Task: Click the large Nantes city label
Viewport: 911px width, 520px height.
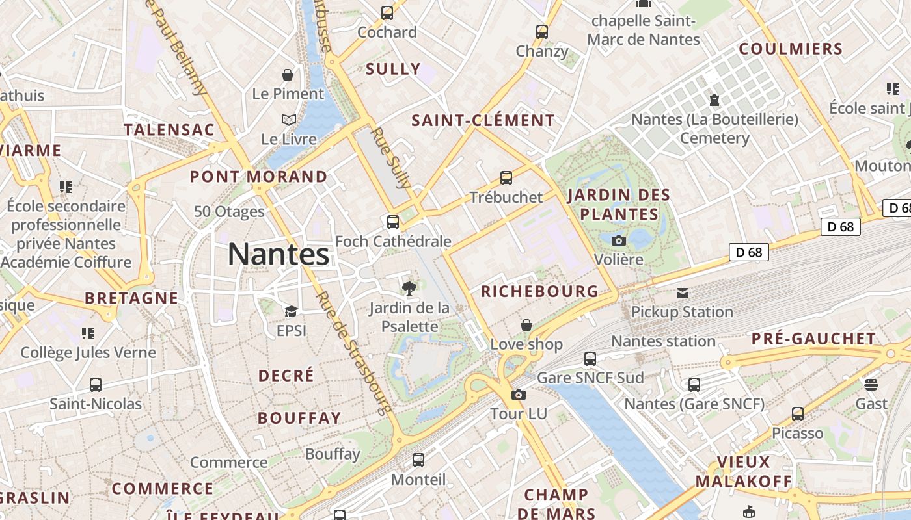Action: point(279,254)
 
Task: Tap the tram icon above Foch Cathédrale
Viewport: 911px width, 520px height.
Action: point(393,222)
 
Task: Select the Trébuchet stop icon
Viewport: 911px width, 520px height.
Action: point(506,177)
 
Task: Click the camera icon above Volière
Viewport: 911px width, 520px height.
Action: point(619,240)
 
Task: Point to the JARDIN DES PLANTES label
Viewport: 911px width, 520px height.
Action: point(619,204)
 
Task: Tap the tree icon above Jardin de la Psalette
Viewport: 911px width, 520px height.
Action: point(409,288)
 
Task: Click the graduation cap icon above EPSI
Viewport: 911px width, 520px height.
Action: point(291,311)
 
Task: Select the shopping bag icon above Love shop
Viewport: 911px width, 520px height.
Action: point(526,324)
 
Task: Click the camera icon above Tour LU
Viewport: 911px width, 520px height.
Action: point(519,395)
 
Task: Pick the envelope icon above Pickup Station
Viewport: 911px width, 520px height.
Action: point(683,293)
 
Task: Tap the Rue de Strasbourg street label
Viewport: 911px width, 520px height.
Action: point(353,351)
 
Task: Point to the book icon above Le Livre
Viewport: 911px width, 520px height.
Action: point(288,120)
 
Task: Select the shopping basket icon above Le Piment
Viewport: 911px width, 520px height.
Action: point(288,75)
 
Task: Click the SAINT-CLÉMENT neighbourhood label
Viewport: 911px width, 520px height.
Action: point(483,120)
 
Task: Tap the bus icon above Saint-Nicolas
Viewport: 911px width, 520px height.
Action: point(96,384)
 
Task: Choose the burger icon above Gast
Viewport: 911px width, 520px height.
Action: point(871,384)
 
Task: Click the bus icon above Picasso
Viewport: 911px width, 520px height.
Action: point(798,414)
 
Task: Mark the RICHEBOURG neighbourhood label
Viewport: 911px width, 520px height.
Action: point(539,291)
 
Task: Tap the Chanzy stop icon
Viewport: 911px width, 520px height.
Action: point(542,31)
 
